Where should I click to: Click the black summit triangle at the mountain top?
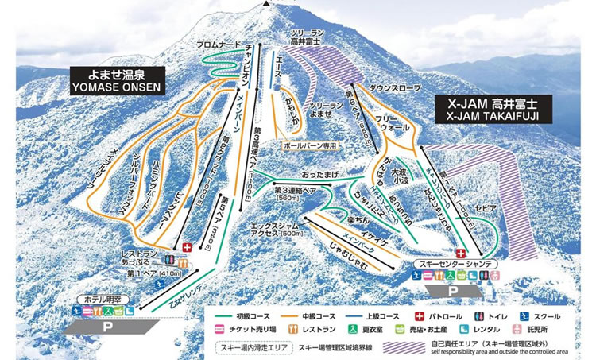click(265, 3)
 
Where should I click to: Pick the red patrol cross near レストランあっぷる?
click(188, 248)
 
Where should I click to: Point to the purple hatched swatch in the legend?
click(407, 347)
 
